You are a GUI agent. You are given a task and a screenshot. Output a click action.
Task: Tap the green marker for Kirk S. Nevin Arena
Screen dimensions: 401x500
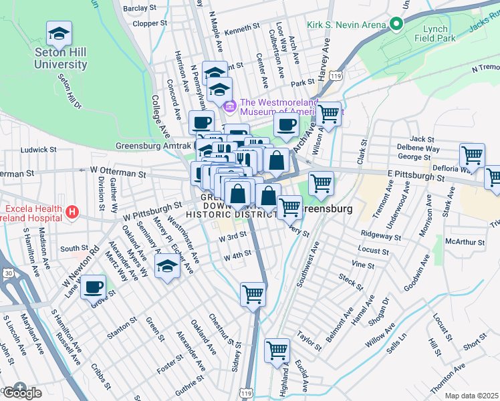click(x=396, y=25)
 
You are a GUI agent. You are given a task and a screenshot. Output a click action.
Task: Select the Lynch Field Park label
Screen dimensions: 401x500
click(x=439, y=33)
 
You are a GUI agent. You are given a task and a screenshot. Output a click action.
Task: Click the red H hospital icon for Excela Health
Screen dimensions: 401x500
click(x=73, y=213)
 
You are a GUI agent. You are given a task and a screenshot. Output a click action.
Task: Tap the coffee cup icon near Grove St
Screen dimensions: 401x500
click(x=94, y=289)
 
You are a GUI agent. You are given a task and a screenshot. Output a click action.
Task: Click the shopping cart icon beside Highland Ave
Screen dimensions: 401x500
click(x=277, y=351)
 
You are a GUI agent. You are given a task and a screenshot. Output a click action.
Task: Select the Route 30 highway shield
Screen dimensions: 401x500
click(x=7, y=254)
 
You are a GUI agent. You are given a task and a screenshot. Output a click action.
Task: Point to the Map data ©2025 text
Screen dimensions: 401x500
click(x=471, y=396)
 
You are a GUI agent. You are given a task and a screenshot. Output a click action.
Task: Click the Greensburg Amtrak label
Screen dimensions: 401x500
click(x=153, y=146)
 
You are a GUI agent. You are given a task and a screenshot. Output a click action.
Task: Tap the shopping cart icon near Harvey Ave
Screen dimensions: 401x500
click(x=328, y=114)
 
